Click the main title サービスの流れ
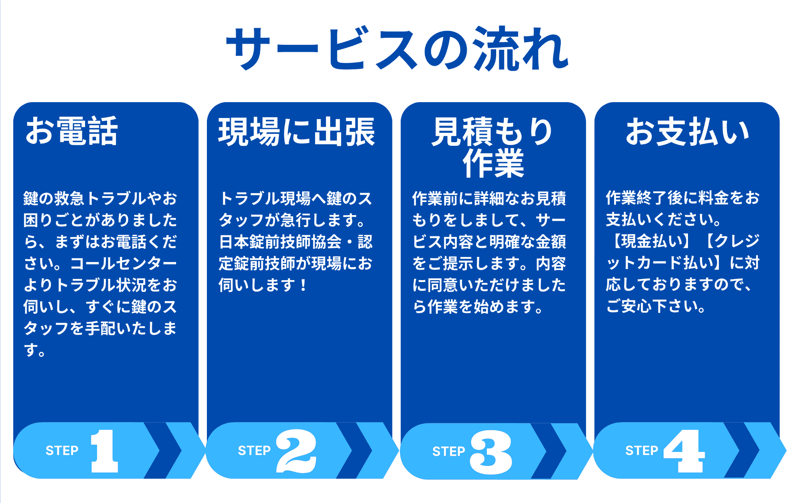pyautogui.click(x=397, y=49)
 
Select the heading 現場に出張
pyautogui.click(x=297, y=132)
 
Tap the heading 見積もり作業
pyautogui.click(x=493, y=147)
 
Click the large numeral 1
pyautogui.click(x=104, y=451)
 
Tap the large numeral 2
pyautogui.click(x=296, y=451)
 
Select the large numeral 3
pyautogui.click(x=491, y=452)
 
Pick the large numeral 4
pyautogui.click(x=684, y=451)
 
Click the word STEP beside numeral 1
pyautogui.click(x=62, y=451)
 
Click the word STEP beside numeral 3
pyautogui.click(x=449, y=452)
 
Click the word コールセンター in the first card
pyautogui.click(x=123, y=263)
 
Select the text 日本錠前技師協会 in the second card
pyautogui.click(x=280, y=242)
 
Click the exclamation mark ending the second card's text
pyautogui.click(x=303, y=285)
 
